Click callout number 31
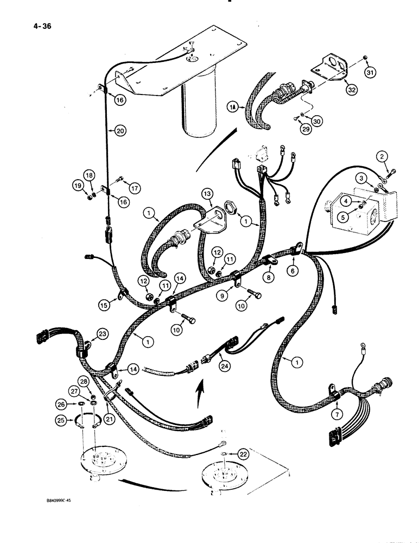click(370, 73)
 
